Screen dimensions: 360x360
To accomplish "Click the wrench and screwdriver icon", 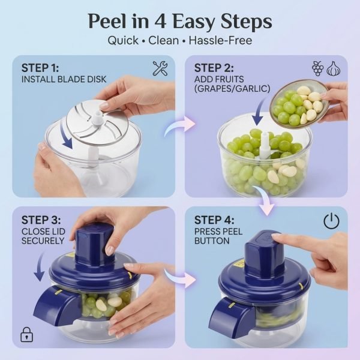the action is (160, 68).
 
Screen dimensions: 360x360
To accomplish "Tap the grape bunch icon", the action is (318, 68).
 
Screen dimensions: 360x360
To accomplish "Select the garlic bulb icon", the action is (334, 68).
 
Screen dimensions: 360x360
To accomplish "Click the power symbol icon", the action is (331, 221).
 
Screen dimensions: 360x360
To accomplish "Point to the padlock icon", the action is (27, 335).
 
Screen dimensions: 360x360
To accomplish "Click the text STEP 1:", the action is (40, 68).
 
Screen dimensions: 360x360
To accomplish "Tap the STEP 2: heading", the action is (214, 68).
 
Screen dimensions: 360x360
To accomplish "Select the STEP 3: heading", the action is (41, 220).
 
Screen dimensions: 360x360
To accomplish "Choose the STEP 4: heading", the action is (214, 220).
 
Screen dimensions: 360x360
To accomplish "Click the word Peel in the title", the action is (107, 22).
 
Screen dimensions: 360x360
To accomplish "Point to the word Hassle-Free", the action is (220, 40).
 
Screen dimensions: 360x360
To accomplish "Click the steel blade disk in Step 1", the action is (97, 123).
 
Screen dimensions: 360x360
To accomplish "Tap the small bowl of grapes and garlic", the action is (299, 104).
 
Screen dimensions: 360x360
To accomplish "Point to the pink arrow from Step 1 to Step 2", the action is (178, 125).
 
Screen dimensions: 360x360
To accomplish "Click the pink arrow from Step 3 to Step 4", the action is (179, 277).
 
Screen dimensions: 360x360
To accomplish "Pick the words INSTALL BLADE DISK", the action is (64, 79).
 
